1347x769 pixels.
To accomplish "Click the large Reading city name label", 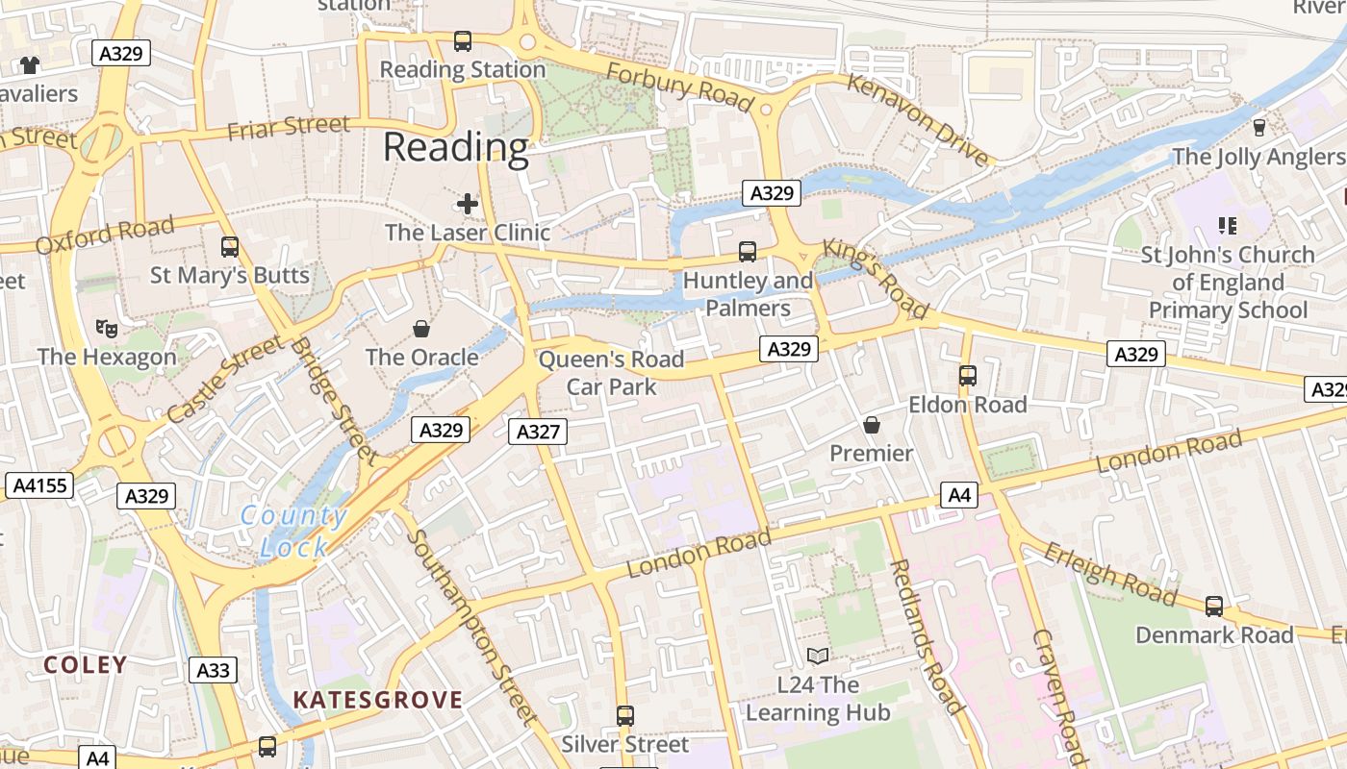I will pos(455,148).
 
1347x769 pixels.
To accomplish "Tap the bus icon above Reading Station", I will pos(463,41).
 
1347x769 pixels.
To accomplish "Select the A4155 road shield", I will pos(39,485).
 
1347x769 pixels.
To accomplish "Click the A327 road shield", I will pos(538,432).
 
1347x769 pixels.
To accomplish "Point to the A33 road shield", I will pos(213,670).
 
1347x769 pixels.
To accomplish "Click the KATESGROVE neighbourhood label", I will pos(377,700).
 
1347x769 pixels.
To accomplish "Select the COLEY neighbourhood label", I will pos(86,664).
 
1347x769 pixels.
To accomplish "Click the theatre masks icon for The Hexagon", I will pos(107,328).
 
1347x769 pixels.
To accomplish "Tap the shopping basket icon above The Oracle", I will pos(421,329).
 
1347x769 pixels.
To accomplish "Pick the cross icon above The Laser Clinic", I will pos(468,204).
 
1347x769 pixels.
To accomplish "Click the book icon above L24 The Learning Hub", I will pos(818,657).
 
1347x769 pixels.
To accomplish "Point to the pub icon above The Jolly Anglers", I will pos(1258,128).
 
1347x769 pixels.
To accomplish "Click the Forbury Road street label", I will pos(679,87).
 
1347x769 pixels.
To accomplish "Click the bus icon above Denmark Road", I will pos(1214,607).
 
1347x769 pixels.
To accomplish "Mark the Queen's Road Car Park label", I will pos(611,373).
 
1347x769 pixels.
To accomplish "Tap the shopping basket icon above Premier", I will pos(872,424).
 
